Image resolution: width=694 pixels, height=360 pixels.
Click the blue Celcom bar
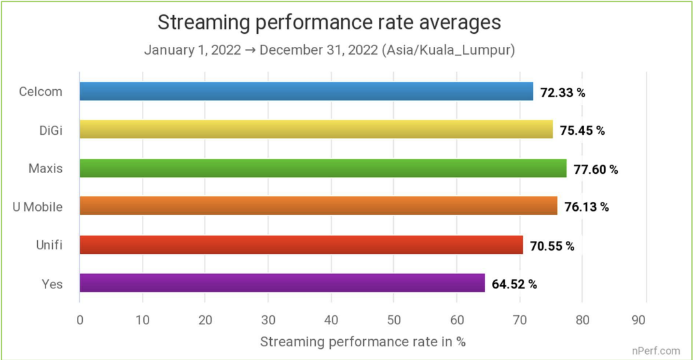(306, 92)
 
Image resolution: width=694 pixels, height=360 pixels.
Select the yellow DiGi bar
(316, 130)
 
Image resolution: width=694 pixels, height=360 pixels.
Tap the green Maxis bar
(323, 168)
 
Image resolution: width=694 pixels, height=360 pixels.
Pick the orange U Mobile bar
(318, 206)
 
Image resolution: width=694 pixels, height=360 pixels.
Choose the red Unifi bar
(301, 245)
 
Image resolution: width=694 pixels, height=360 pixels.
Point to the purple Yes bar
(282, 283)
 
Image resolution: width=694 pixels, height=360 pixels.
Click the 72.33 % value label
(562, 92)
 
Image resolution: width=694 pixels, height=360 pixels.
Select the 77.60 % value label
(596, 169)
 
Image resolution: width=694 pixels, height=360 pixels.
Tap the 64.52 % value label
(514, 284)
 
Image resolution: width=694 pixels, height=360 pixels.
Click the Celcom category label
(41, 92)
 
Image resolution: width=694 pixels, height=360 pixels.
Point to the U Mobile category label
(38, 207)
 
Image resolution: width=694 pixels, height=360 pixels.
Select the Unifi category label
(49, 245)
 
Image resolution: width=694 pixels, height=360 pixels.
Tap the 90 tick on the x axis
(645, 320)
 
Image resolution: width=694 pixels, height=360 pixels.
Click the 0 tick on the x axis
(79, 320)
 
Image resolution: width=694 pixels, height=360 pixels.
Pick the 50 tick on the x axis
(394, 320)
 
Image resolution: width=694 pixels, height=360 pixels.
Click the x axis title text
(363, 341)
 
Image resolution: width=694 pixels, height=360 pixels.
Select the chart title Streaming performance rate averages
(329, 22)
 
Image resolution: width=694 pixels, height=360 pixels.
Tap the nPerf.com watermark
(656, 350)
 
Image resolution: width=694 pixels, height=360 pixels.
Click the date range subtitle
(329, 50)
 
